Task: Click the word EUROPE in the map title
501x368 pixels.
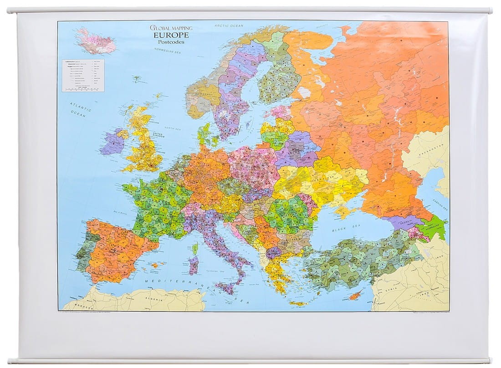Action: point(171,35)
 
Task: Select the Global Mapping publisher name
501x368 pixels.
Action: point(171,27)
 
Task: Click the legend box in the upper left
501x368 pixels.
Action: point(83,75)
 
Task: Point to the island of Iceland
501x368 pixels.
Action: point(96,41)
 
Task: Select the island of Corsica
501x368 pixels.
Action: point(195,249)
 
